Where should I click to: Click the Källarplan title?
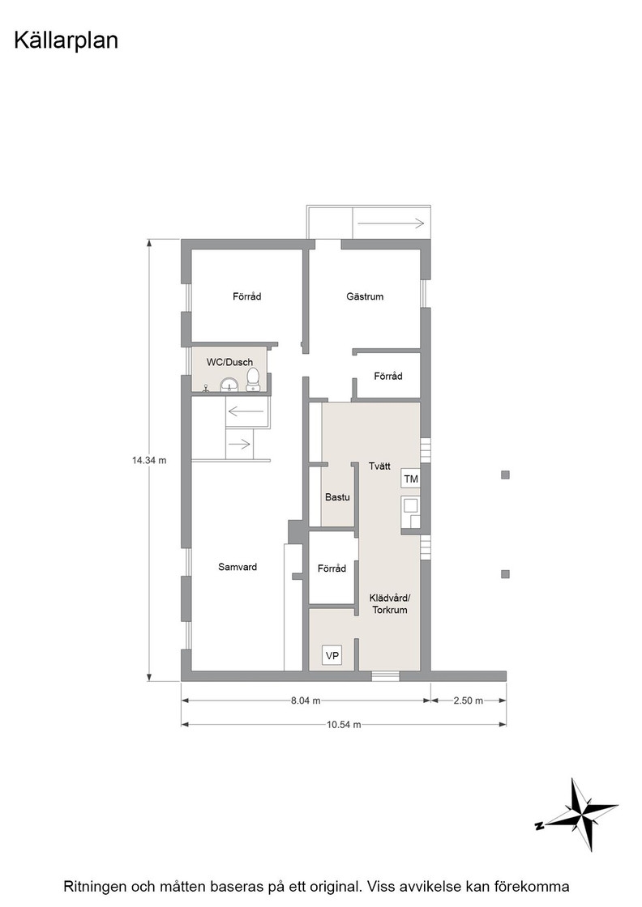[66, 41]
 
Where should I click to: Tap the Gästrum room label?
[365, 296]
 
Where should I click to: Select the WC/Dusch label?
[230, 362]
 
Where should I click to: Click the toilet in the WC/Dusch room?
[253, 380]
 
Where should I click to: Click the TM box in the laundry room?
[411, 479]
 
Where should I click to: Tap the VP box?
[332, 655]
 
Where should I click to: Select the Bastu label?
[337, 497]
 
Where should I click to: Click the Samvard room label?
[238, 567]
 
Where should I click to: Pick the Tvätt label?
[379, 466]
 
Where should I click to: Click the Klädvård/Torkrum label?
[390, 604]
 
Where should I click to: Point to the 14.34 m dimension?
[149, 461]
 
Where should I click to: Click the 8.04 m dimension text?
[306, 700]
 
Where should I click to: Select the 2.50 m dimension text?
[469, 700]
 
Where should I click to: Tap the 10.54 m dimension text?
[344, 724]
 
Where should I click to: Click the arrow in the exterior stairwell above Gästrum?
[392, 223]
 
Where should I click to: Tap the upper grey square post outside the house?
[505, 475]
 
